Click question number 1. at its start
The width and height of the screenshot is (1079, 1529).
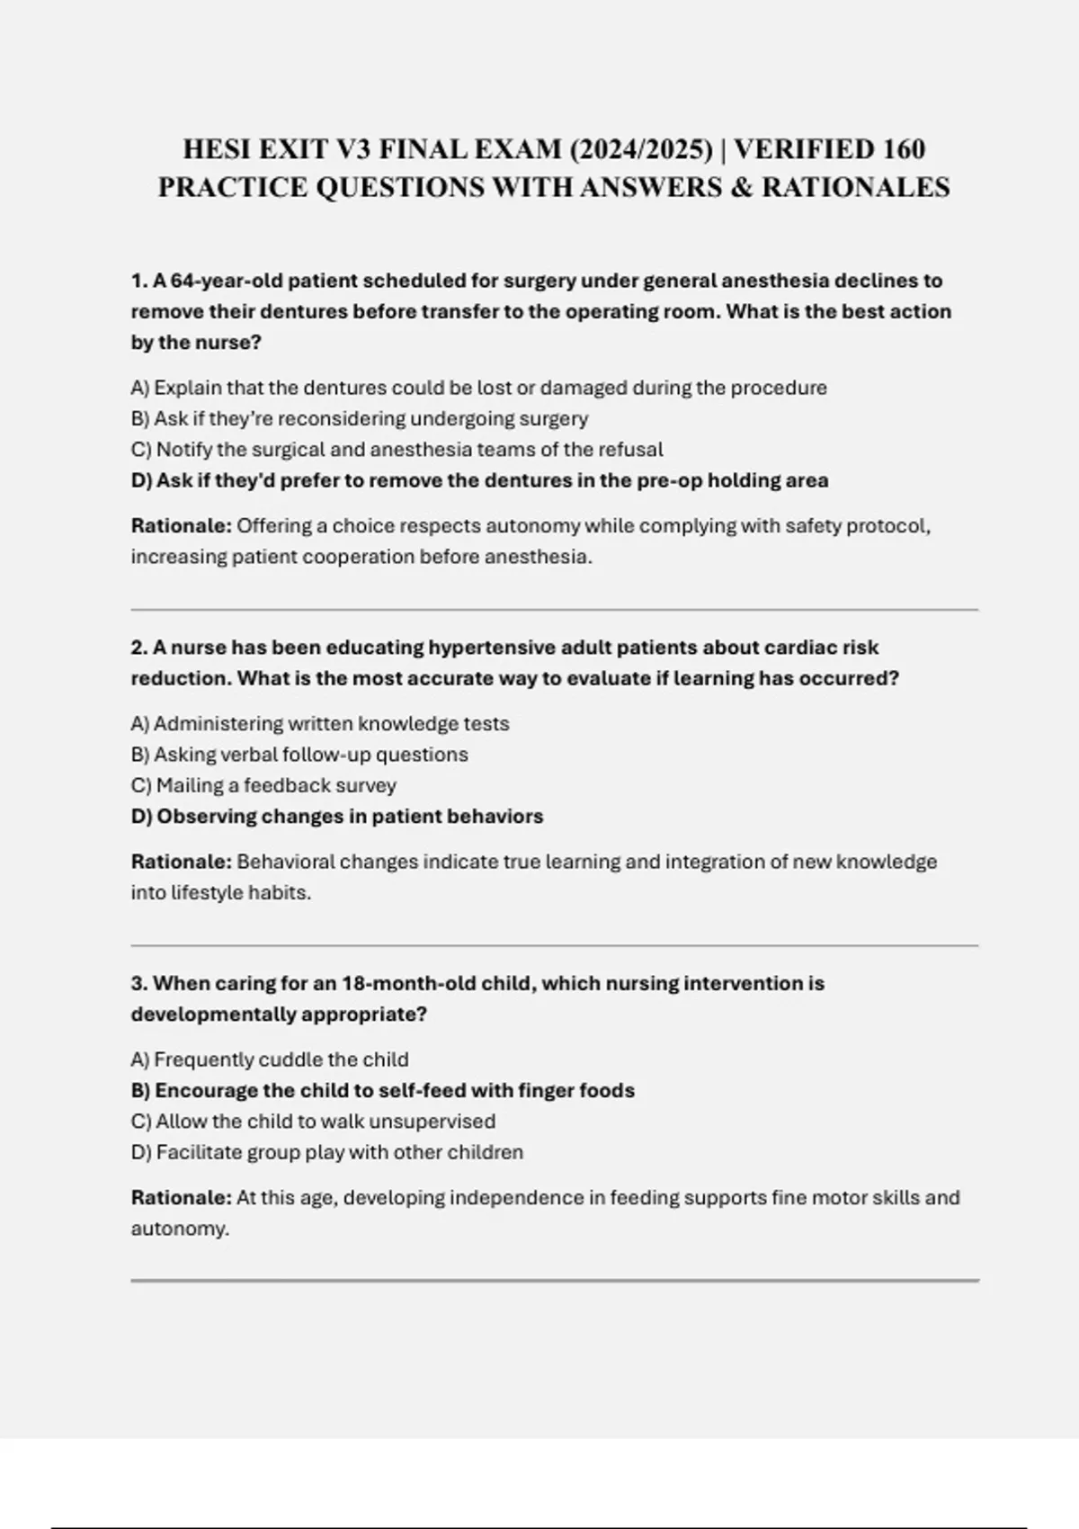coord(139,281)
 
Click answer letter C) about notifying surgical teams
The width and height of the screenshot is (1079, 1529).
coord(141,450)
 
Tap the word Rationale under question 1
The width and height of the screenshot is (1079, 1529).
coord(181,525)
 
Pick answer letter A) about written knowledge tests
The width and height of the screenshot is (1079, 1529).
coord(140,724)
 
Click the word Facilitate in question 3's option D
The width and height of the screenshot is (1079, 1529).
coord(199,1152)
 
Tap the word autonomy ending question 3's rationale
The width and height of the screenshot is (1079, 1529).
coord(179,1229)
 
